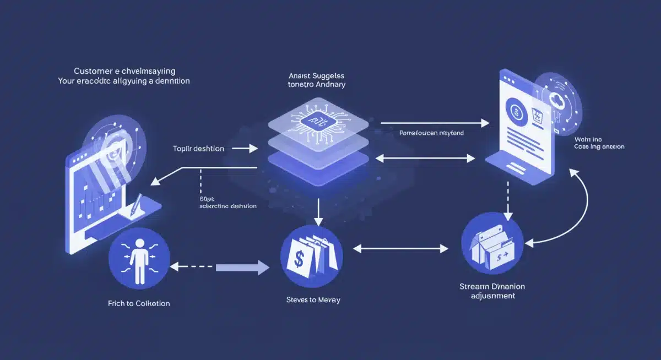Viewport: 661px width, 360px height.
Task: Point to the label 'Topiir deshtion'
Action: [198, 149]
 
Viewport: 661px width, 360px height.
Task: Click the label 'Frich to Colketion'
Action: [139, 303]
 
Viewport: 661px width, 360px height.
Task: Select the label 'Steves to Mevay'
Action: [313, 300]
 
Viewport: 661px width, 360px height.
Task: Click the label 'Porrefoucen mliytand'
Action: [431, 133]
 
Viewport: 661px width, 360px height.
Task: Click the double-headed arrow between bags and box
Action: [400, 249]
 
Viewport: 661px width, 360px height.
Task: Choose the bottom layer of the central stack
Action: [317, 162]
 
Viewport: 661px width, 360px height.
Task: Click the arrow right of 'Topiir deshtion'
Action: [245, 149]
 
